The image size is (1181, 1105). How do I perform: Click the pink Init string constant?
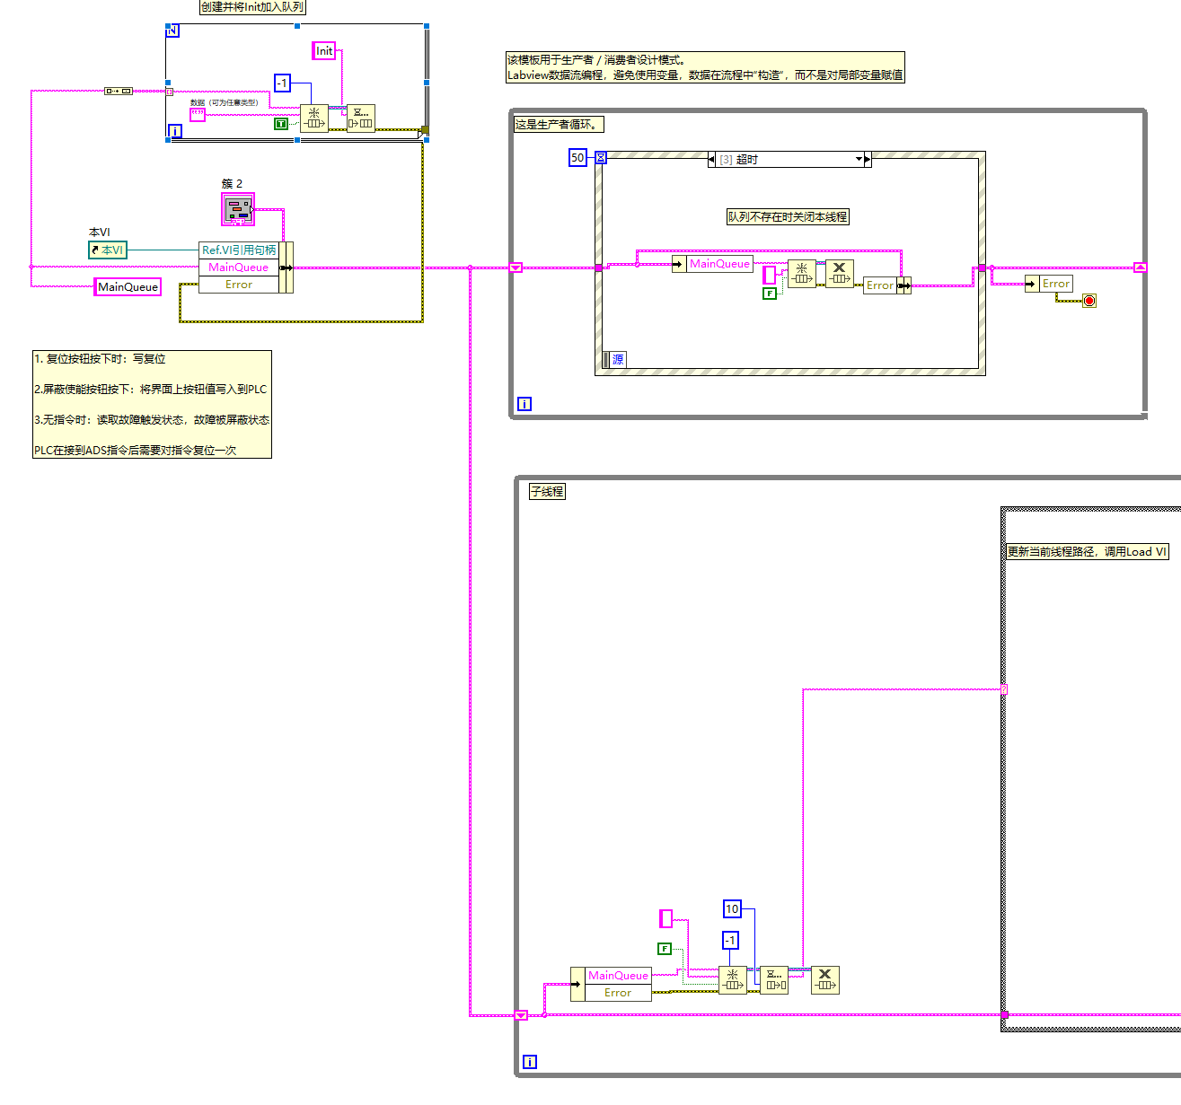coord(323,51)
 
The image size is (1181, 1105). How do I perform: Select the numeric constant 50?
coord(577,158)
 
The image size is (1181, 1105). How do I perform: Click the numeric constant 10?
coord(732,909)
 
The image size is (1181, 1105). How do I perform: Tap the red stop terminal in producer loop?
coord(1089,301)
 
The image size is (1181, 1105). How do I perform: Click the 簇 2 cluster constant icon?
coord(238,210)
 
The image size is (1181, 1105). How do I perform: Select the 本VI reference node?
coord(108,250)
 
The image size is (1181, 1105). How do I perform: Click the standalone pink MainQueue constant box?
coord(128,287)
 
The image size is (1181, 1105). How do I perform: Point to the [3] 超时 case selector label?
coord(789,160)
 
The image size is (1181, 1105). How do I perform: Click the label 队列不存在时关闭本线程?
coord(788,217)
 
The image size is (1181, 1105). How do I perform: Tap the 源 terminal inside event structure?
coord(617,360)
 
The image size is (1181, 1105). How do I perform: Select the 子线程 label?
coord(547,492)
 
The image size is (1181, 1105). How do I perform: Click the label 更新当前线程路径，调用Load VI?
coord(1086,552)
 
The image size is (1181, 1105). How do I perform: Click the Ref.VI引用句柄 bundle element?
coord(239,250)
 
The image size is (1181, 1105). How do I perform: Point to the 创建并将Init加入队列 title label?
coord(252,7)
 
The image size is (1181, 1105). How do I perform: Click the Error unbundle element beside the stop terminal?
coord(1055,284)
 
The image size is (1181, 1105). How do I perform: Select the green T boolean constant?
coord(281,124)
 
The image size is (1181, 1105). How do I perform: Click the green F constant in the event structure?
coord(770,294)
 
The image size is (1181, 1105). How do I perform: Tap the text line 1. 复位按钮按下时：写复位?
coord(100,359)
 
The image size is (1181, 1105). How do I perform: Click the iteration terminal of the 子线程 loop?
coord(530,1062)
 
